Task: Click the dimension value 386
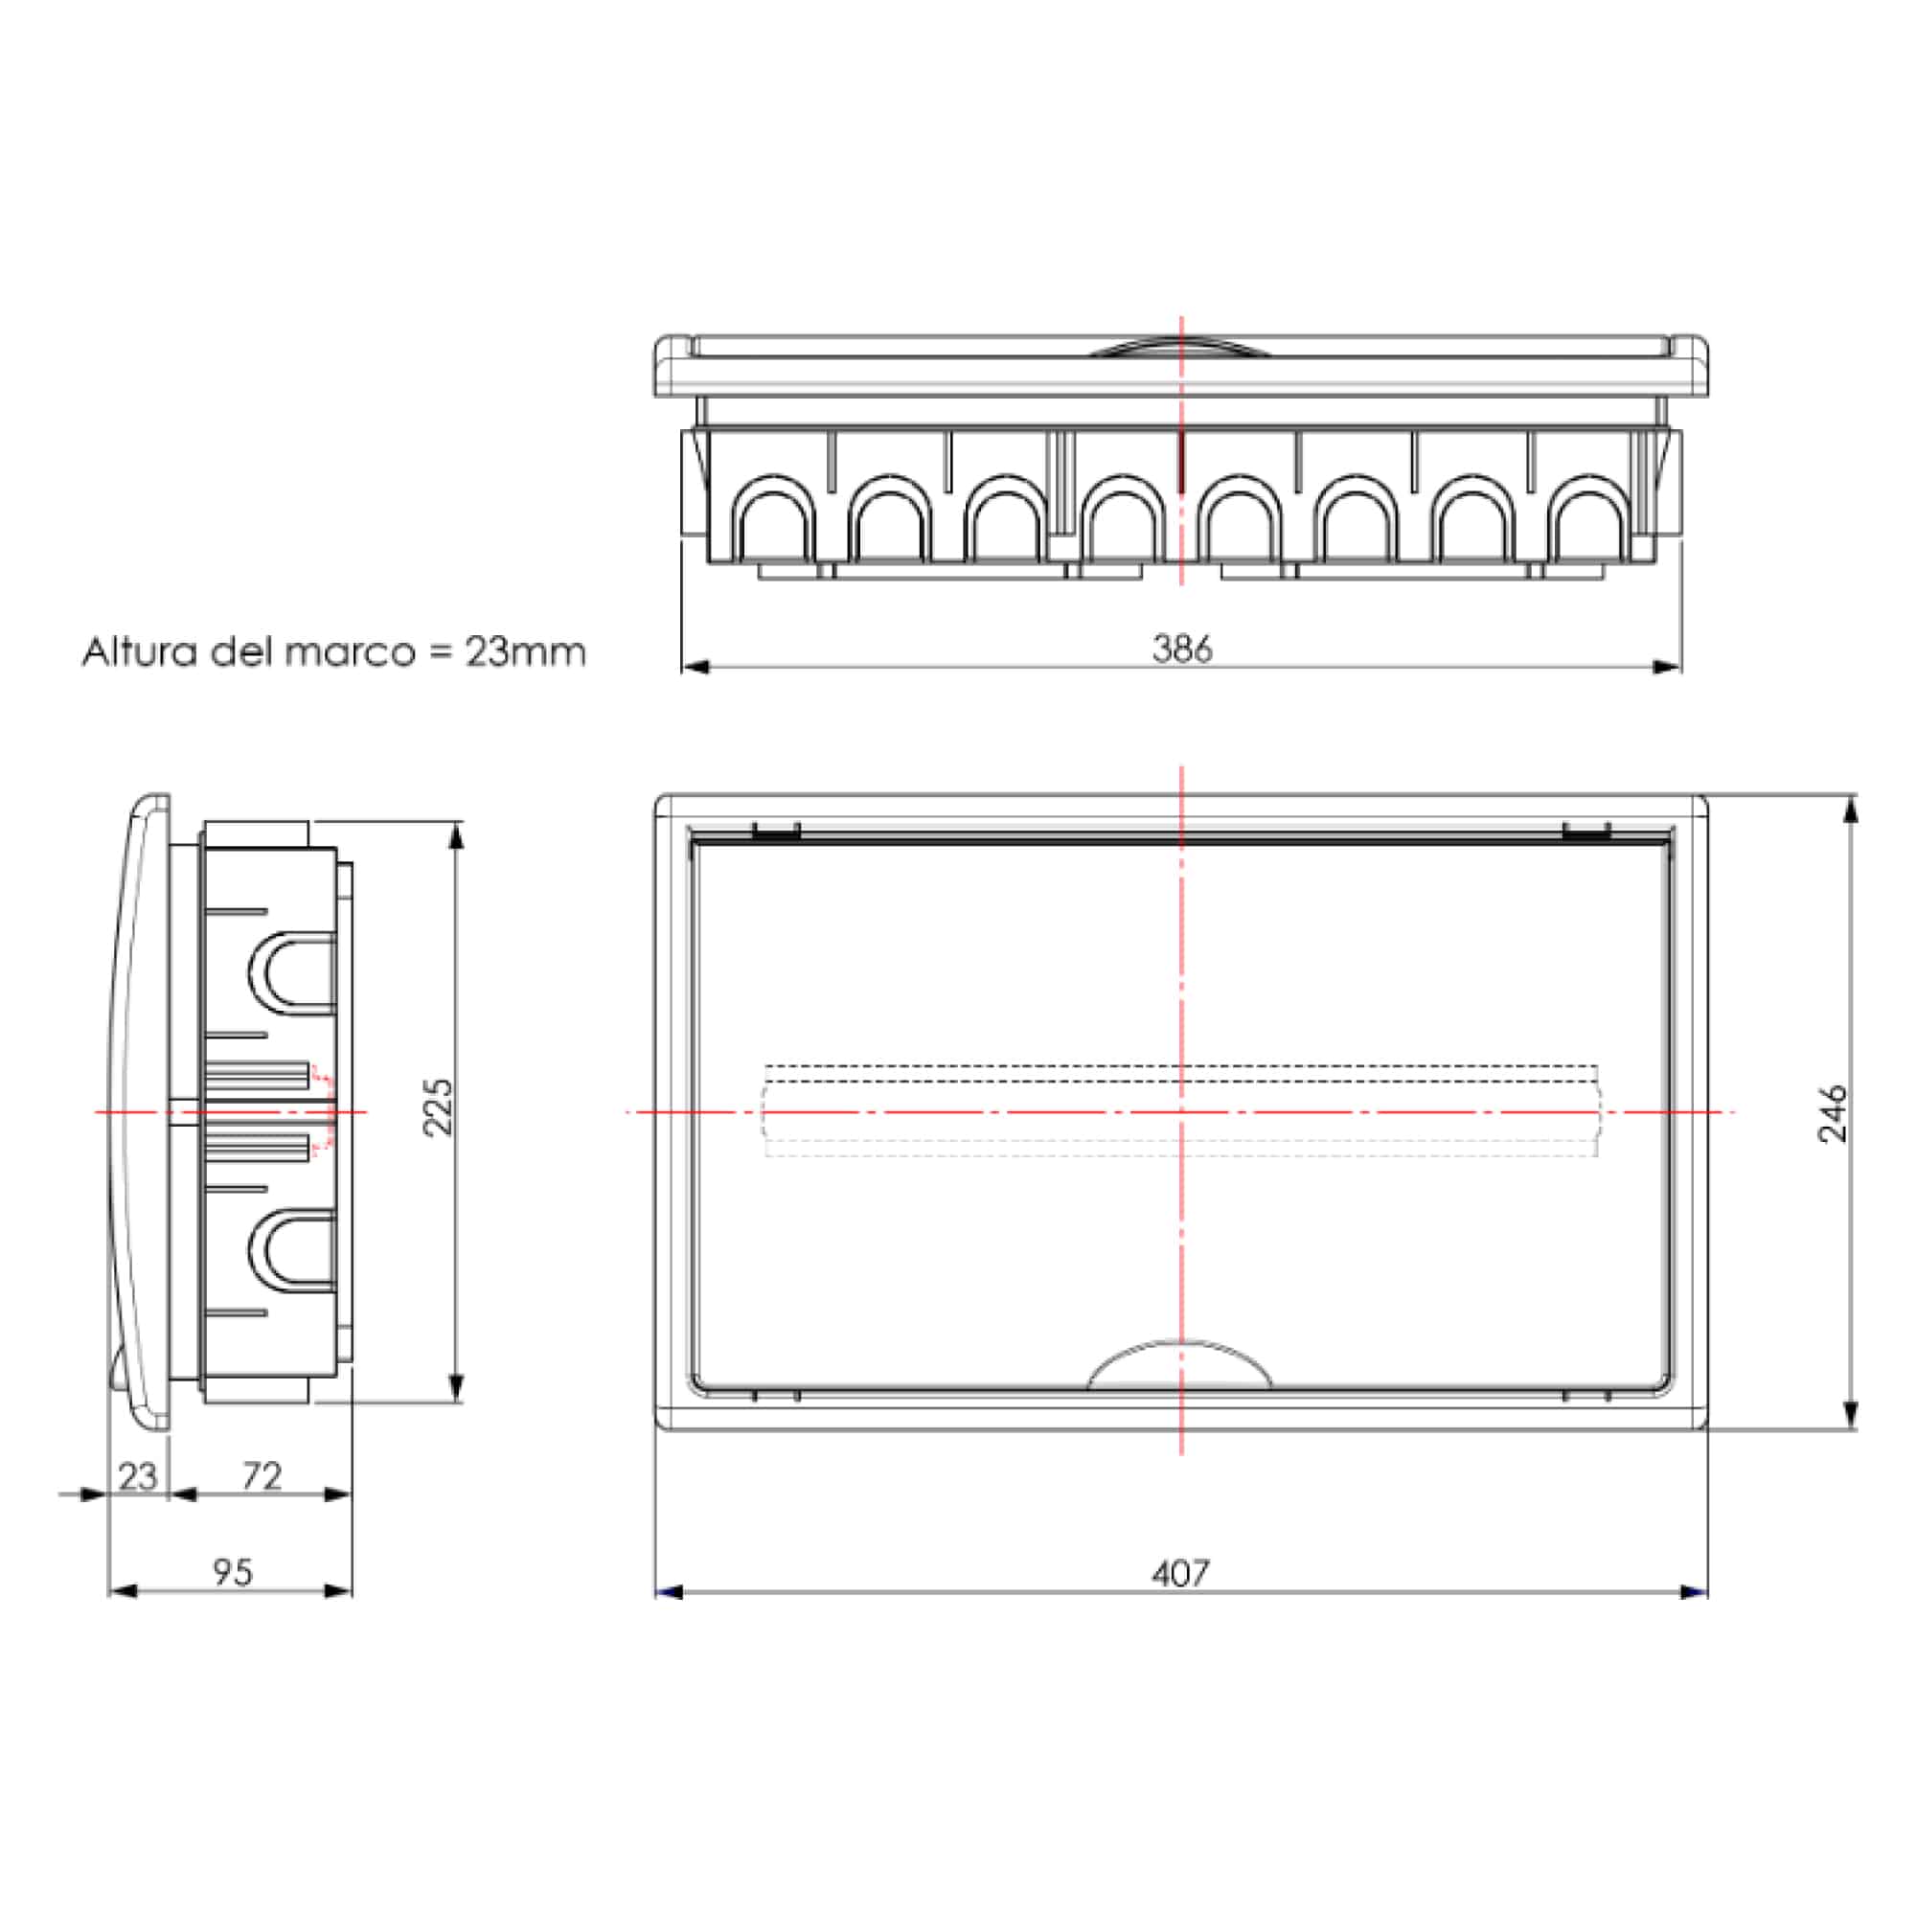pos(1181,649)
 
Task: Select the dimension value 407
pos(1180,1574)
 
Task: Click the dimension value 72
pos(262,1475)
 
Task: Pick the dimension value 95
pos(232,1572)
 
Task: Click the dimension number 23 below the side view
pos(138,1476)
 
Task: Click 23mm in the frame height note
pos(526,652)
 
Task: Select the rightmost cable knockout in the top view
pos(1589,520)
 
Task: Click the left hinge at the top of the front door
pos(776,833)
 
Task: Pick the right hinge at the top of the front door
pos(1585,833)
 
